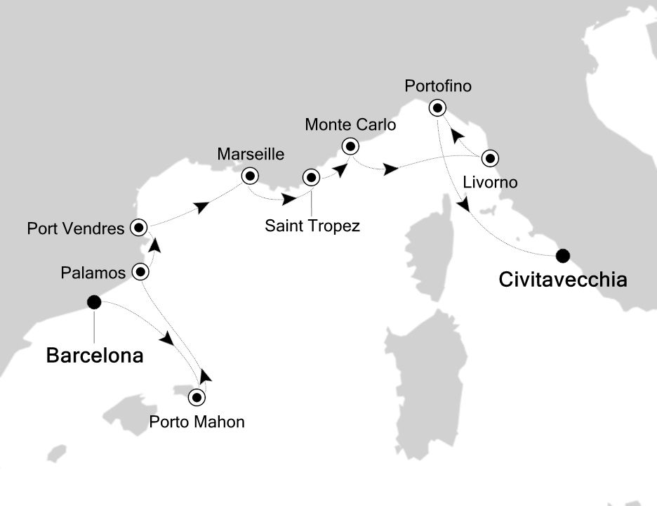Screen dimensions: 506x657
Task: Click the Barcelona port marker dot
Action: (x=93, y=302)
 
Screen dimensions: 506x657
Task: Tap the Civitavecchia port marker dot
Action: (x=563, y=255)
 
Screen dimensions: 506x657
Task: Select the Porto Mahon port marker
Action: (x=197, y=397)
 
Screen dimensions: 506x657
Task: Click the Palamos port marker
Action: (x=140, y=271)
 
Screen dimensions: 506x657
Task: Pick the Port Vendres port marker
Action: (x=138, y=227)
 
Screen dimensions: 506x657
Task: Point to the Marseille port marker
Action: (x=248, y=176)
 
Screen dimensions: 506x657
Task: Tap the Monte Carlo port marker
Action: (x=350, y=146)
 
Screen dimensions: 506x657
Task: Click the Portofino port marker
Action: (x=438, y=108)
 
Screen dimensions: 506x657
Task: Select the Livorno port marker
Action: (x=489, y=157)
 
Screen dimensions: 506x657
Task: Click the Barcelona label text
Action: (x=95, y=356)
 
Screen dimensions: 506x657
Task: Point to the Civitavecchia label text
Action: (x=562, y=280)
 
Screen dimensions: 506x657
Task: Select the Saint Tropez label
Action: (x=312, y=226)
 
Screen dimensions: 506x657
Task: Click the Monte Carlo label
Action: (x=350, y=125)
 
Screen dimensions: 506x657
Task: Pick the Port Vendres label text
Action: (x=76, y=228)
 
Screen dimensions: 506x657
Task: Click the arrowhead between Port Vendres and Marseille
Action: (x=203, y=207)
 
